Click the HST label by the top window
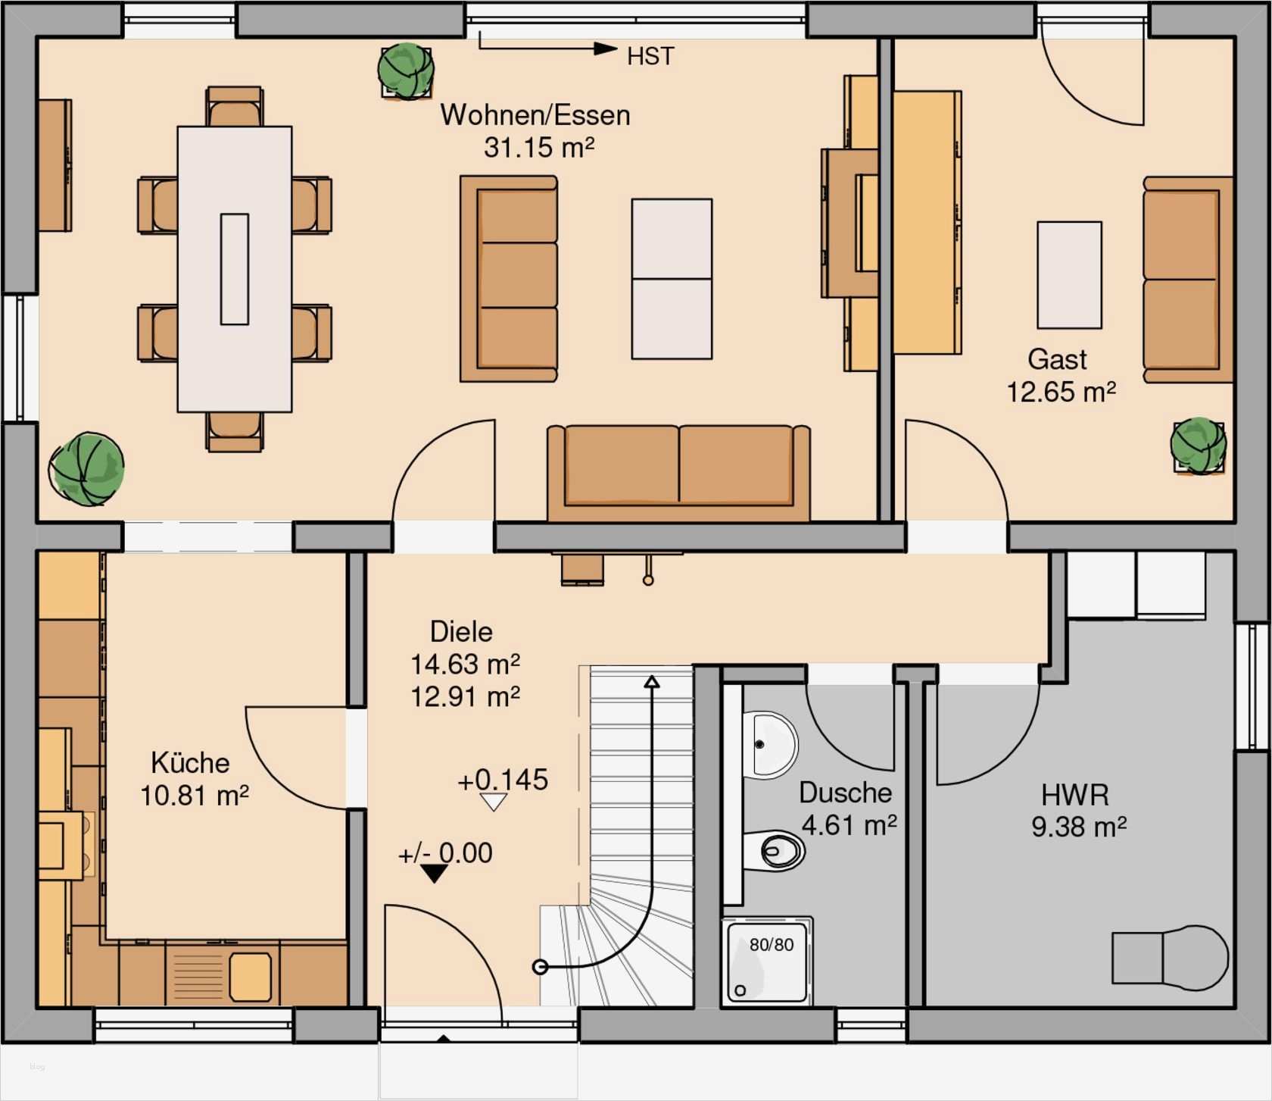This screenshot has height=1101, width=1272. coord(650,57)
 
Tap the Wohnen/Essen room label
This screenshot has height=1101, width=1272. coord(535,115)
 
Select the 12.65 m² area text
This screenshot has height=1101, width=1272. coord(1061,392)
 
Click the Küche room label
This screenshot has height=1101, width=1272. coord(190,762)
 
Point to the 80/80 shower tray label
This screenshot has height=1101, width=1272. coord(772,945)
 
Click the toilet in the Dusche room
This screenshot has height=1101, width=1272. coord(774,851)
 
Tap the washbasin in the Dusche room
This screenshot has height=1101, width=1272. coord(770,745)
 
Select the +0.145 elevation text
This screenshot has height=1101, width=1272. coord(503,780)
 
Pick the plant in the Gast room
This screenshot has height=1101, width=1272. coord(1199,446)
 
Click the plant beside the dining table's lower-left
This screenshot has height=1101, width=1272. coord(87,469)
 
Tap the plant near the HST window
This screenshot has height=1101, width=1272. coord(407,70)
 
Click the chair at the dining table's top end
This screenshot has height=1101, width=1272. coord(235,107)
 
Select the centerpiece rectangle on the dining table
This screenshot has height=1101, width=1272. coord(235,269)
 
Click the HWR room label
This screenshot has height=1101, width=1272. coord(1075,795)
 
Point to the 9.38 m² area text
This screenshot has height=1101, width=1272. coord(1079,826)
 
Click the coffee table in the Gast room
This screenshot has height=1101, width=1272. coord(1069,275)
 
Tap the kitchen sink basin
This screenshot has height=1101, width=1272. coord(250,976)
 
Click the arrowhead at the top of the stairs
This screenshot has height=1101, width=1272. coord(652,681)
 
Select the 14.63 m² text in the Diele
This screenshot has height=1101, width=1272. coord(465,665)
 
